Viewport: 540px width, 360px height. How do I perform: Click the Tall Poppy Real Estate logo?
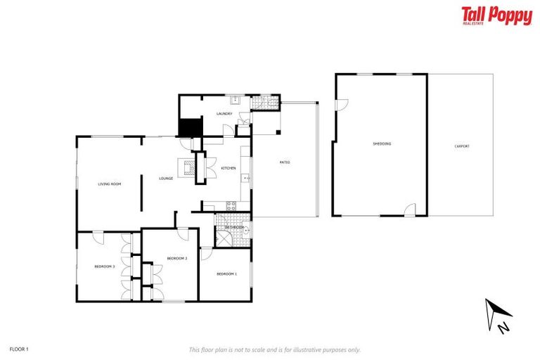(x=496, y=15)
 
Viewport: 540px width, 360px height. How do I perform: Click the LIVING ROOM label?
(x=110, y=184)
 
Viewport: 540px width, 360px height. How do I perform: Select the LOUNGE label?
(x=166, y=179)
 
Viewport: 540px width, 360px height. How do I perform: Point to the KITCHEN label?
(x=228, y=169)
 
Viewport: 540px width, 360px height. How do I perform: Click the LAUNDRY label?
(x=224, y=114)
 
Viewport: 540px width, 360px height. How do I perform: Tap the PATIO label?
(x=285, y=162)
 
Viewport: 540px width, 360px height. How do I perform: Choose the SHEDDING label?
(x=382, y=144)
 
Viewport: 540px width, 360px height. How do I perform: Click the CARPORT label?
(x=462, y=146)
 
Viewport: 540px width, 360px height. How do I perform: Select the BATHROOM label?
(x=234, y=228)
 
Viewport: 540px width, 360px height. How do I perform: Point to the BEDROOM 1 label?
(x=226, y=274)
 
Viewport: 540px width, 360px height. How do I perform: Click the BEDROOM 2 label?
(x=176, y=259)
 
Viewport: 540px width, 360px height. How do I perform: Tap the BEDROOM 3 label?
(x=105, y=266)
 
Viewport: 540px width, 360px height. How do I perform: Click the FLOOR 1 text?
(x=19, y=349)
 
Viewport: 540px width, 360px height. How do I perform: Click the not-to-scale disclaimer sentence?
(x=274, y=349)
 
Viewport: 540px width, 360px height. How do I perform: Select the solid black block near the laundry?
(x=191, y=128)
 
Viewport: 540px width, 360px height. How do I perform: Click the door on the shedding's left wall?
(x=341, y=105)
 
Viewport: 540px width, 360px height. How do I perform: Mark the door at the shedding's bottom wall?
(x=410, y=210)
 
